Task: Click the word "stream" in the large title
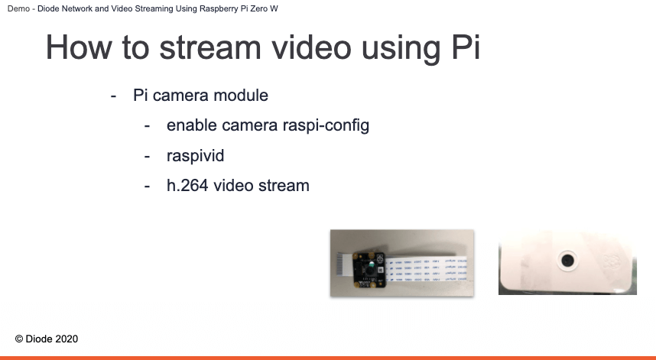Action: pyautogui.click(x=210, y=47)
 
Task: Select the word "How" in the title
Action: pyautogui.click(x=79, y=47)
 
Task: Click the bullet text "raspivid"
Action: pyautogui.click(x=196, y=155)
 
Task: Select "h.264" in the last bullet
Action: pyautogui.click(x=187, y=185)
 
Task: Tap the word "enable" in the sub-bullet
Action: pyautogui.click(x=192, y=125)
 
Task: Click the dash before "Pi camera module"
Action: pyautogui.click(x=113, y=96)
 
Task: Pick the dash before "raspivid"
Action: pyautogui.click(x=147, y=157)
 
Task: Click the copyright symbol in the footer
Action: pyautogui.click(x=19, y=339)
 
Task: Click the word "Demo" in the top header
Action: pyautogui.click(x=18, y=8)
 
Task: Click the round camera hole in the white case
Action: pyautogui.click(x=567, y=261)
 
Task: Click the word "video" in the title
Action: pyautogui.click(x=311, y=47)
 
